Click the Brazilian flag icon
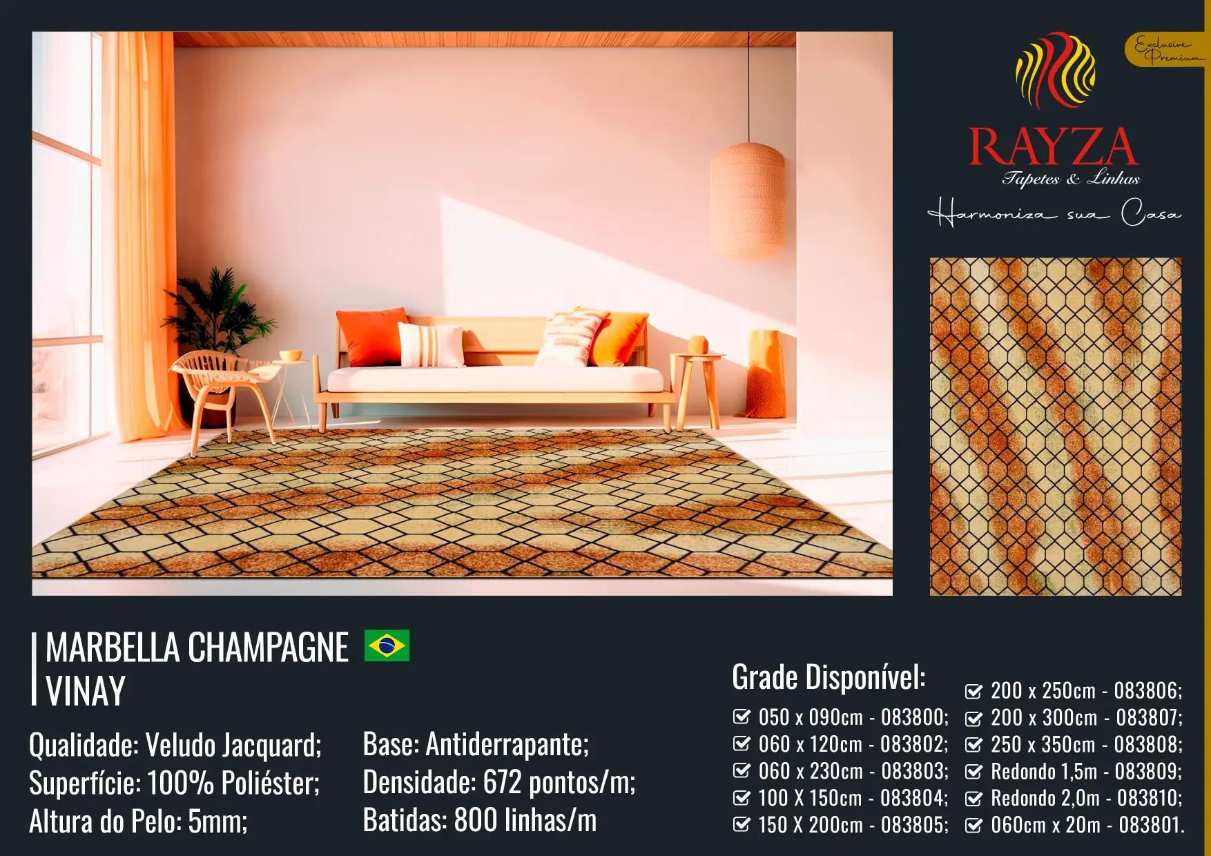coord(387,645)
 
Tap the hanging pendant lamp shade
coord(748,201)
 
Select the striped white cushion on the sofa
coord(432,344)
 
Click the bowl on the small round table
coord(291,356)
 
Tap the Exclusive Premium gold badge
coord(1167,50)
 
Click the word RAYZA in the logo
coord(1053,146)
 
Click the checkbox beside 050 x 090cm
coord(742,717)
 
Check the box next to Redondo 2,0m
coord(973,799)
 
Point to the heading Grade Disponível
coord(829,677)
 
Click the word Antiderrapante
coord(507,744)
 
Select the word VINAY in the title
coord(86,691)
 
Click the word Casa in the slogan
coord(1150,213)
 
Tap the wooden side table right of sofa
coord(698,391)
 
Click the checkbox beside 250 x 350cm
coord(973,745)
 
